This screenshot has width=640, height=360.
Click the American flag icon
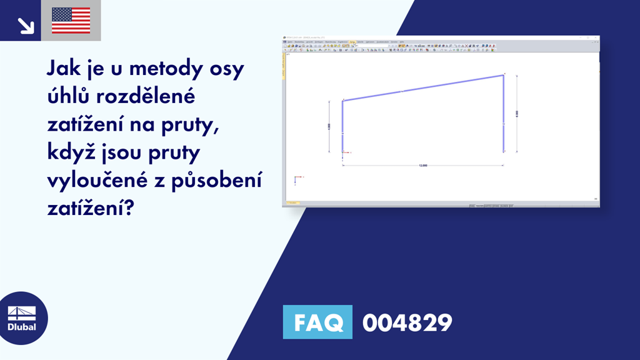71,21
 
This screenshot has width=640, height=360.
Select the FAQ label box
317,322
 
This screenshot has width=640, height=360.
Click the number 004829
407,322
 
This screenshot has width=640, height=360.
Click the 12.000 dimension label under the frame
423,166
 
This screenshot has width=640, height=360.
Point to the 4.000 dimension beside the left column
329,126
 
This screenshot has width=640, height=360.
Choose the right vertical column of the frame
504,113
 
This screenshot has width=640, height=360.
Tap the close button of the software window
596,39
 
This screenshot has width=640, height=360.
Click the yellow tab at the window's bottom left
292,203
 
